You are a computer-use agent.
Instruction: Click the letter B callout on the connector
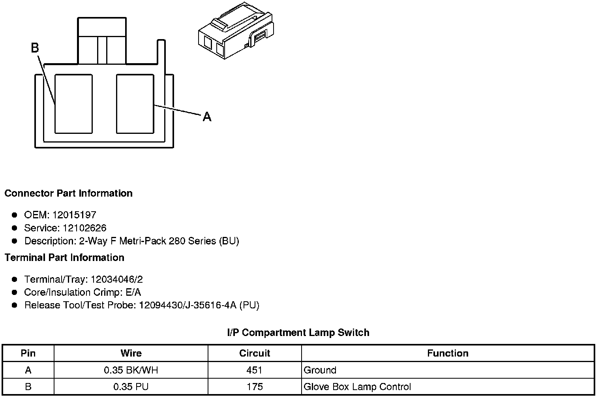[35, 48]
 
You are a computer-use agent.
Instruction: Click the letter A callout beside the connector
[207, 117]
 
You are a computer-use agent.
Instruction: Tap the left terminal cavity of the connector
[73, 103]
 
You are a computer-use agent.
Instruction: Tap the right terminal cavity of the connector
[135, 103]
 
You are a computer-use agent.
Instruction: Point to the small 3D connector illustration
[235, 31]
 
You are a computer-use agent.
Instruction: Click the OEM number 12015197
[74, 215]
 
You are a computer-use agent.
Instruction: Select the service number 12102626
[84, 228]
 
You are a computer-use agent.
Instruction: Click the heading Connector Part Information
[68, 193]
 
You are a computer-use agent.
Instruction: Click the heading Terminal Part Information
[64, 258]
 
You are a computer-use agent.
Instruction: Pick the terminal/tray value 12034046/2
[117, 280]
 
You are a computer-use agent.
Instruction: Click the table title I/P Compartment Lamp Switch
[298, 333]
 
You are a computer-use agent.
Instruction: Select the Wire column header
[131, 353]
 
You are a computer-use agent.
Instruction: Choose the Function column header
[448, 353]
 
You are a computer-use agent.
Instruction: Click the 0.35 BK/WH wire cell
[131, 370]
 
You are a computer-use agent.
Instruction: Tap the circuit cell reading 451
[255, 370]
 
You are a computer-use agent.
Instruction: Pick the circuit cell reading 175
[255, 387]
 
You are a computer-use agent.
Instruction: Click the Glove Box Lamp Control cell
[357, 387]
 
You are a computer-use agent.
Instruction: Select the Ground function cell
[320, 370]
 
